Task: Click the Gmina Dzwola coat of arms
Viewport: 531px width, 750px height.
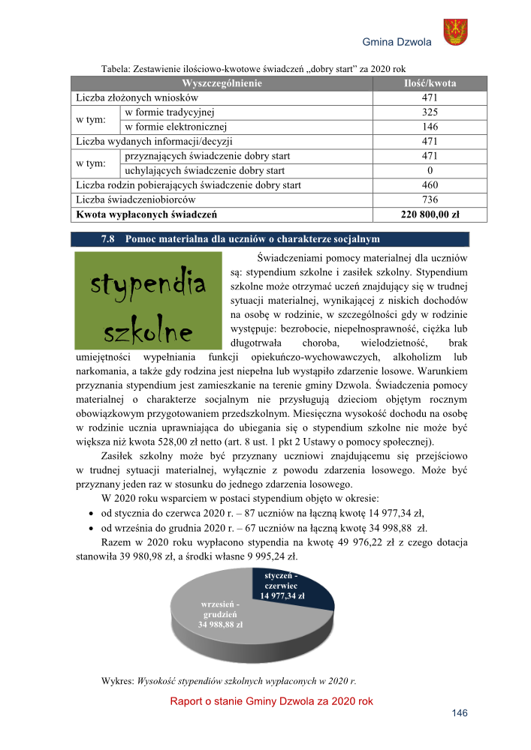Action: coord(455,31)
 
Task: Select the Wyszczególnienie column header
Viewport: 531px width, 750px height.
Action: coord(222,83)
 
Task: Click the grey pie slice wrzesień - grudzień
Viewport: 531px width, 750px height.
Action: coord(218,615)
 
